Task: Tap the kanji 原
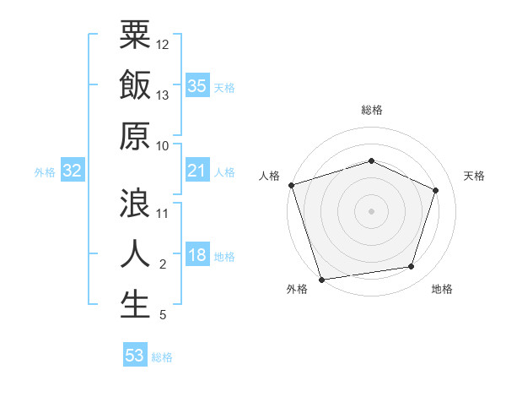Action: tap(136, 137)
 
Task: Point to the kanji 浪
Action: tap(136, 204)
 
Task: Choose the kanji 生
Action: tap(136, 304)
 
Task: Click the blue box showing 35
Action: tap(196, 86)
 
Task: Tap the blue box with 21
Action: tap(196, 171)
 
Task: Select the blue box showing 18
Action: tap(196, 256)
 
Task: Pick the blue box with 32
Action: tap(72, 171)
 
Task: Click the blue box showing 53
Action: tap(135, 356)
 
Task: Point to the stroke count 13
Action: tap(163, 95)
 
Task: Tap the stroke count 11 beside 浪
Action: tap(163, 213)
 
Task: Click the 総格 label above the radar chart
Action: tap(371, 110)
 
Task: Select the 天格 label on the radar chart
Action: tap(475, 176)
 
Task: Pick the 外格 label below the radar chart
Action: tap(297, 290)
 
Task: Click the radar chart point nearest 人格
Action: tap(291, 185)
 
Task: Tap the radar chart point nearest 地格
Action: tap(412, 267)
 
